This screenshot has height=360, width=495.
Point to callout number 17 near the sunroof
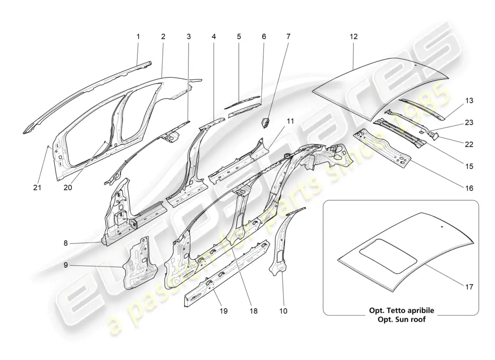click(469, 286)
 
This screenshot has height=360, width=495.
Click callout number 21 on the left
click(37, 188)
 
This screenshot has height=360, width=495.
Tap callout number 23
click(469, 122)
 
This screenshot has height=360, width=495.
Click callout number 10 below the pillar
click(283, 310)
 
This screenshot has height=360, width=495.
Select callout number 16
click(469, 189)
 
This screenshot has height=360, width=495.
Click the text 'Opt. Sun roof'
click(401, 319)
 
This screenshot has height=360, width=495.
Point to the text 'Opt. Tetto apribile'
click(401, 310)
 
